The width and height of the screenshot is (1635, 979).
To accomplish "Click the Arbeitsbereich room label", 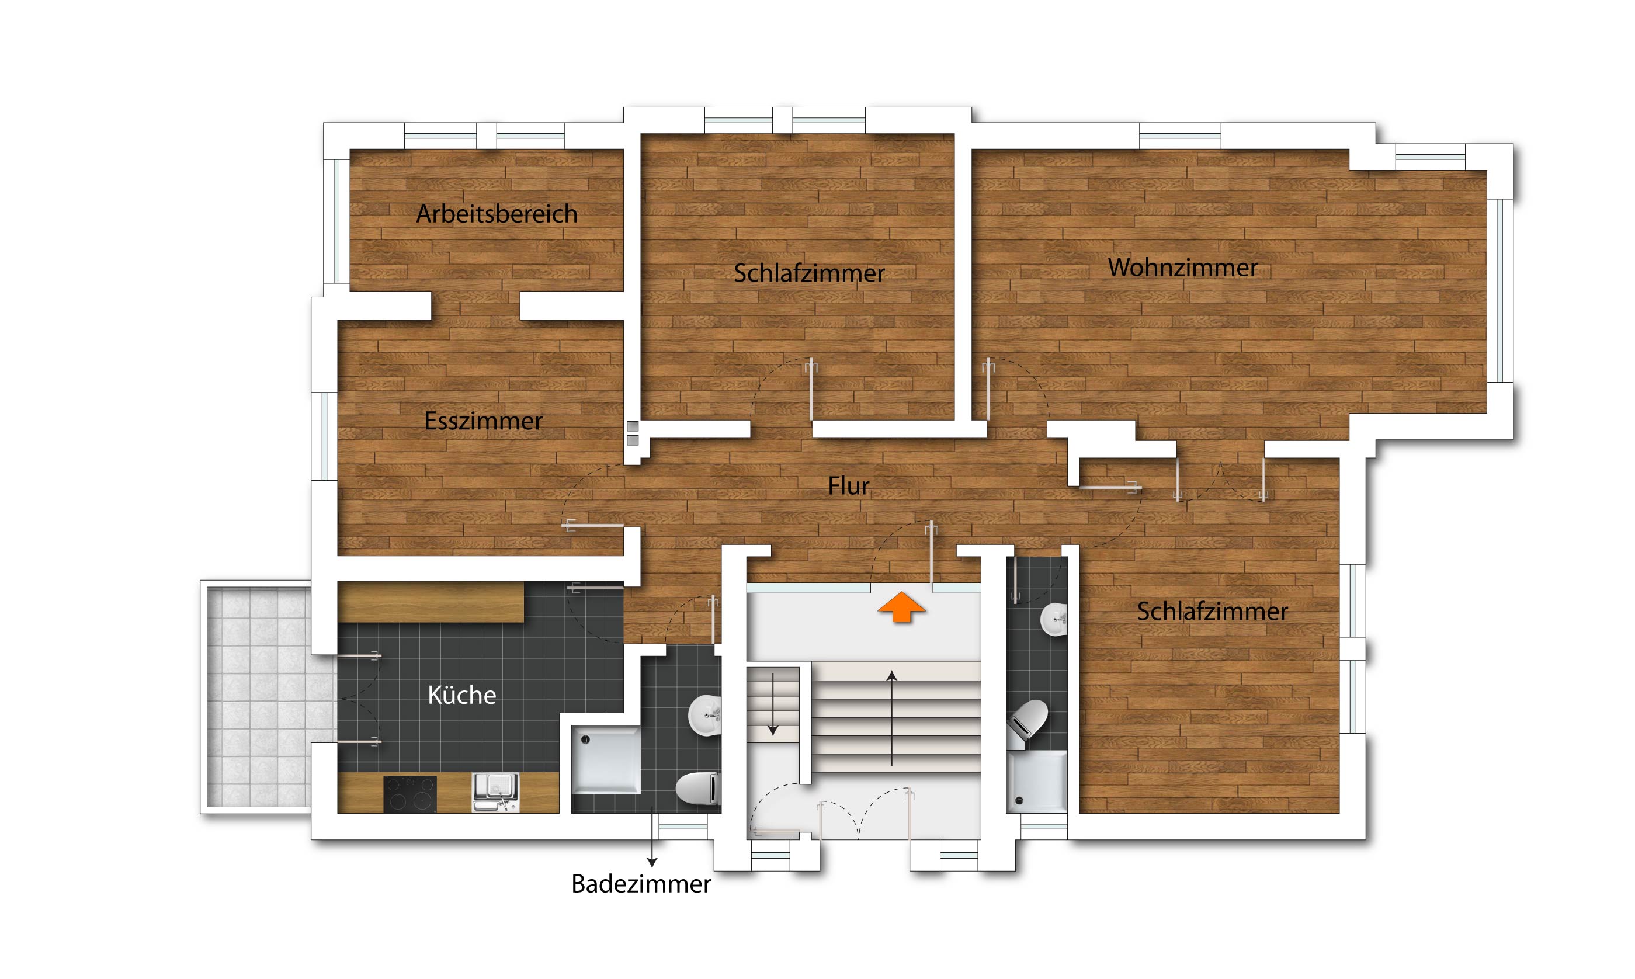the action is tap(497, 214).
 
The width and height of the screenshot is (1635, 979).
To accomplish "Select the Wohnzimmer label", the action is tap(1182, 267).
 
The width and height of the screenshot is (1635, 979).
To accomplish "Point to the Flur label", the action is tap(848, 485).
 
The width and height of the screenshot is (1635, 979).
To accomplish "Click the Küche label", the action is tap(461, 695).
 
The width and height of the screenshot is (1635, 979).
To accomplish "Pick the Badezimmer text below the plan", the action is tap(641, 884).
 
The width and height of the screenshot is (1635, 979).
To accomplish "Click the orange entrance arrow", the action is tap(901, 607).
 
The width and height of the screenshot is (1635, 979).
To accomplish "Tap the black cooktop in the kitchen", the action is tap(409, 794).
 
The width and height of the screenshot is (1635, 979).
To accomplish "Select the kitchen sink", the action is tap(495, 792).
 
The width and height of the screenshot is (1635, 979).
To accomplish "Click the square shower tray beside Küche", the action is tap(605, 759).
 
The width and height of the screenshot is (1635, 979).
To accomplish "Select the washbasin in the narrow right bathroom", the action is tap(1054, 619).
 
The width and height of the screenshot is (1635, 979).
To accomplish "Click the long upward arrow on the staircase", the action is tap(892, 718).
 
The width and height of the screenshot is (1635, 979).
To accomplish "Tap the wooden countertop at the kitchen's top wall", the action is tap(431, 602).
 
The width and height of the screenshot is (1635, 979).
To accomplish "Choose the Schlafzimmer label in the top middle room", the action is tap(809, 273).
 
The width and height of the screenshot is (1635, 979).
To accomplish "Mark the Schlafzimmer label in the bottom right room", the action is tap(1212, 612).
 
